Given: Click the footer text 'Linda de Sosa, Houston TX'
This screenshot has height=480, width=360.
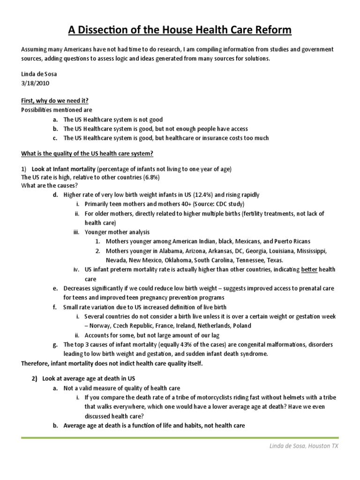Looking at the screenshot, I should tap(300, 446).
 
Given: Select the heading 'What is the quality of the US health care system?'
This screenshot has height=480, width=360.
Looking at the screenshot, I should tap(87, 154).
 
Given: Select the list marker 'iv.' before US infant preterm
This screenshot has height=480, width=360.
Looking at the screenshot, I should tap(76, 270).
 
